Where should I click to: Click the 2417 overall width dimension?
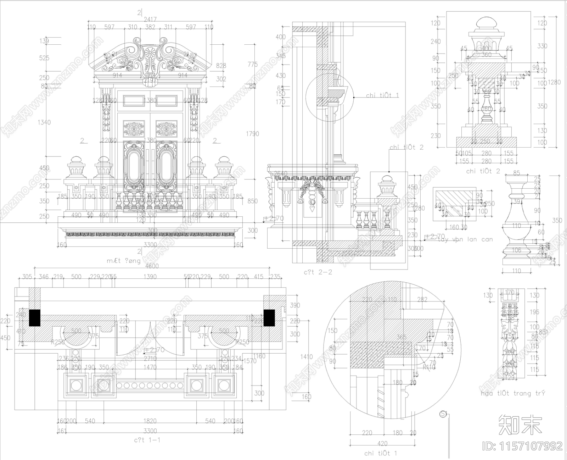point(150,20)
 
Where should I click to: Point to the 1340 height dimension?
point(44,122)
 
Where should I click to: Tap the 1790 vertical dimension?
point(252,134)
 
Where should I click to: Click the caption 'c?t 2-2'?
point(318,272)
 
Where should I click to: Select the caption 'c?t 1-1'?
point(147,440)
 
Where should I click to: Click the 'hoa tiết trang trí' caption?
point(513,393)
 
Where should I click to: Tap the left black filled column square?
point(35,318)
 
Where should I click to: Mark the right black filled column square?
point(269,317)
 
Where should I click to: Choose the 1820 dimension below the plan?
point(150,421)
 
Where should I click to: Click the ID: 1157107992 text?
point(523,445)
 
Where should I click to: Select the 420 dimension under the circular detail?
point(383,443)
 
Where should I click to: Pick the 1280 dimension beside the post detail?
point(554,82)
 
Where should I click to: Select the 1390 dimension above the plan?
point(150,277)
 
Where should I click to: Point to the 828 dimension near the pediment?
point(221,66)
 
